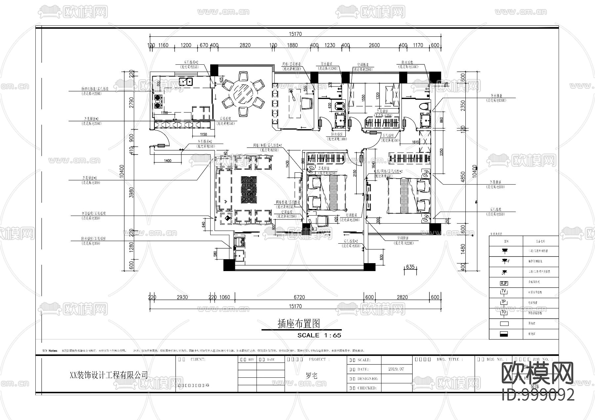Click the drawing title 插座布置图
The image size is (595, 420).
pos(299,324)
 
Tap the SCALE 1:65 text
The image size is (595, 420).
pos(319,335)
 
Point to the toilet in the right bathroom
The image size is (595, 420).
pos(424,106)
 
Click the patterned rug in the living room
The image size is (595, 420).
pos(249,191)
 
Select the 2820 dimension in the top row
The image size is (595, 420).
pos(245,45)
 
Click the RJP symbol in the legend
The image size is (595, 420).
pos(504,283)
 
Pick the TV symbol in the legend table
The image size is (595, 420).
pos(504,292)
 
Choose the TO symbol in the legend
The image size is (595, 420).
pos(504,312)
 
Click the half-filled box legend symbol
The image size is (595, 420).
pos(504,334)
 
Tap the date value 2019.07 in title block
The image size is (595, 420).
pos(396,369)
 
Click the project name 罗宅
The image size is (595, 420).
pos(311,376)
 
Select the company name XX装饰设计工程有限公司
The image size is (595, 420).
pos(109,375)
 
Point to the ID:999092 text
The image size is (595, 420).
pos(538,395)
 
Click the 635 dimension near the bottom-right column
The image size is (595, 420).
pos(410,267)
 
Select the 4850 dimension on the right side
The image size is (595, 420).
pos(463,177)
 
